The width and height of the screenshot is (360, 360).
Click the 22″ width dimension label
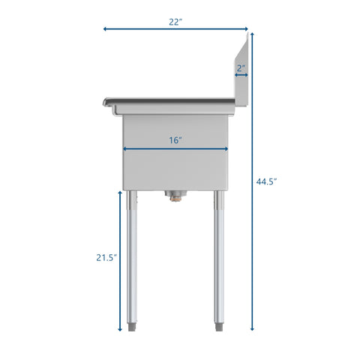175,22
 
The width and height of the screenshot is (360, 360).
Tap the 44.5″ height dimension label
266,181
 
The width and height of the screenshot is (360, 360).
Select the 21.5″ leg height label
106,257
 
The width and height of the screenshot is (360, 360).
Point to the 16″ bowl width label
175,140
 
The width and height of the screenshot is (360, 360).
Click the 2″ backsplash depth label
241,67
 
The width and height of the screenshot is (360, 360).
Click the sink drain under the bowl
175,196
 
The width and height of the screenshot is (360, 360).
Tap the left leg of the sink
132,255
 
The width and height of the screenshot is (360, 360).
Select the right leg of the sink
218,255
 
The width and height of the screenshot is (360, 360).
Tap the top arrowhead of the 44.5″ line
251,34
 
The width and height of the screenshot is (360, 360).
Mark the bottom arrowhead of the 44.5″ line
251,328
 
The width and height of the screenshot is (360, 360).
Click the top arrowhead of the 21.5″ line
120,193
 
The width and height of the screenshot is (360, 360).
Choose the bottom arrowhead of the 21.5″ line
120,328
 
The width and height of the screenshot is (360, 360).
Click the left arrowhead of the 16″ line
125,148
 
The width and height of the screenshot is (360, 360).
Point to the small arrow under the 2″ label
241,75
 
